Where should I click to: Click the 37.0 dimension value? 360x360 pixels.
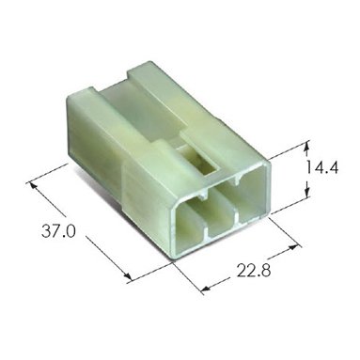(58, 232)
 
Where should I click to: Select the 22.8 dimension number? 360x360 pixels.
(254, 271)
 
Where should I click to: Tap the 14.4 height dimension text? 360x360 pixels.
(322, 167)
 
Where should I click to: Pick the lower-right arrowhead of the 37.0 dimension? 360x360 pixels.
(127, 275)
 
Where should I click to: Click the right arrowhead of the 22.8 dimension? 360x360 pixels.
(293, 247)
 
